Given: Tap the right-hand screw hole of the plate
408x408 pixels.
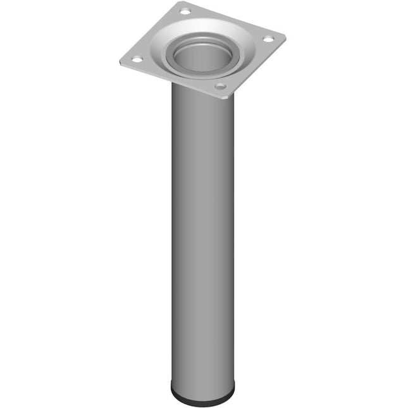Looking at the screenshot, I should pos(268,39).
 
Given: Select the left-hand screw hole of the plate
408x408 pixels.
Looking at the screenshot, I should pos(136,59).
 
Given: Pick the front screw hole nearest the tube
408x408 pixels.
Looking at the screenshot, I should pos(219,86).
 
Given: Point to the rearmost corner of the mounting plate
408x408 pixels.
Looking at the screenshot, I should pos(188,3).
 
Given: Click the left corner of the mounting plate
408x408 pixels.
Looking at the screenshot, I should pos(120,61).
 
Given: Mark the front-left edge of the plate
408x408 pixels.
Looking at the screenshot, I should pos(168,80).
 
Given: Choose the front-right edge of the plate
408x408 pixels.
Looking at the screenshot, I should pos(256,66).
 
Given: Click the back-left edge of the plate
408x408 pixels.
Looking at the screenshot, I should pos(152,32).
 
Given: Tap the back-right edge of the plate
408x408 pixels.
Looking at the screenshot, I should pos(237,19).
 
